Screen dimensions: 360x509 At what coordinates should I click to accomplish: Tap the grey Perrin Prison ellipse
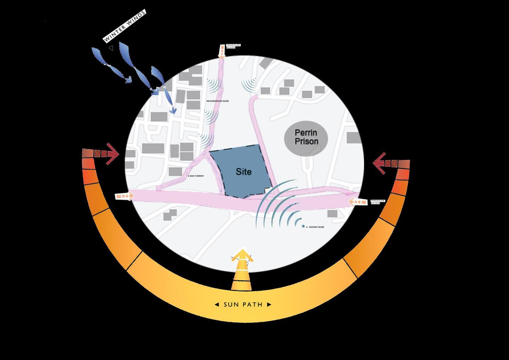(306, 138)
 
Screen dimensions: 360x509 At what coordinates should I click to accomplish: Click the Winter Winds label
(124, 26)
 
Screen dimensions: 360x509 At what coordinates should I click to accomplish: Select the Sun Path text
(243, 304)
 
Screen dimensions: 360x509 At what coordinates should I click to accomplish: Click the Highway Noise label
(316, 227)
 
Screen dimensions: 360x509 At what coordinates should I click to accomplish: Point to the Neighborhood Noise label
(218, 101)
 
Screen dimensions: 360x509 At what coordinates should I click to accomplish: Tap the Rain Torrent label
(196, 176)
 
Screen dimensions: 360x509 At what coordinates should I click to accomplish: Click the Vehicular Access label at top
(233, 46)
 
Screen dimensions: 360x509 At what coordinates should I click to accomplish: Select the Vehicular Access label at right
(377, 202)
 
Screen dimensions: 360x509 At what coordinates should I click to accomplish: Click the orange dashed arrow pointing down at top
(222, 52)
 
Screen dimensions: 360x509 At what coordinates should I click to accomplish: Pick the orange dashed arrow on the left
(124, 196)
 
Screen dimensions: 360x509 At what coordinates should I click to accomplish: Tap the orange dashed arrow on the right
(358, 202)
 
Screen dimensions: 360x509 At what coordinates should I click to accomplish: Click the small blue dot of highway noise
(303, 226)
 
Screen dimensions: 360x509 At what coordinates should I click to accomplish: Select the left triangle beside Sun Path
(217, 304)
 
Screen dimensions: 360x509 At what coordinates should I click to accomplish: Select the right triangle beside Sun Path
(269, 304)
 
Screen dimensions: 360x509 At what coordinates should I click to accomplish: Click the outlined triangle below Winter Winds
(111, 48)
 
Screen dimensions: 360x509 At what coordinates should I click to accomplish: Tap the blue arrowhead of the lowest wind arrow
(173, 111)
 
